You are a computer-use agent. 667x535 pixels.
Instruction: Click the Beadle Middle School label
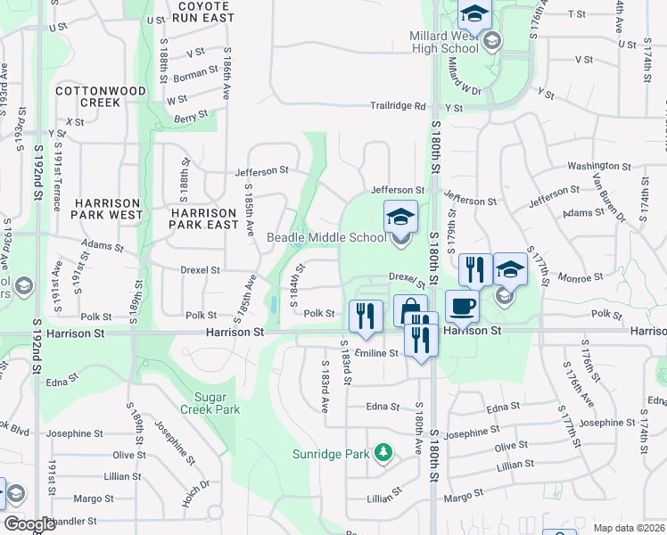tap(327, 237)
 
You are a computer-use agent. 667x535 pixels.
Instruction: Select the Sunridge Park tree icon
tap(383, 453)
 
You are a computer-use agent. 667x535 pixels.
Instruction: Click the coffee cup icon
tap(462, 306)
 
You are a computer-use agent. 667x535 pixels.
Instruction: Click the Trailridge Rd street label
tap(399, 106)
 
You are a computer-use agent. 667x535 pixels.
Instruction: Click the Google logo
tap(29, 524)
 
